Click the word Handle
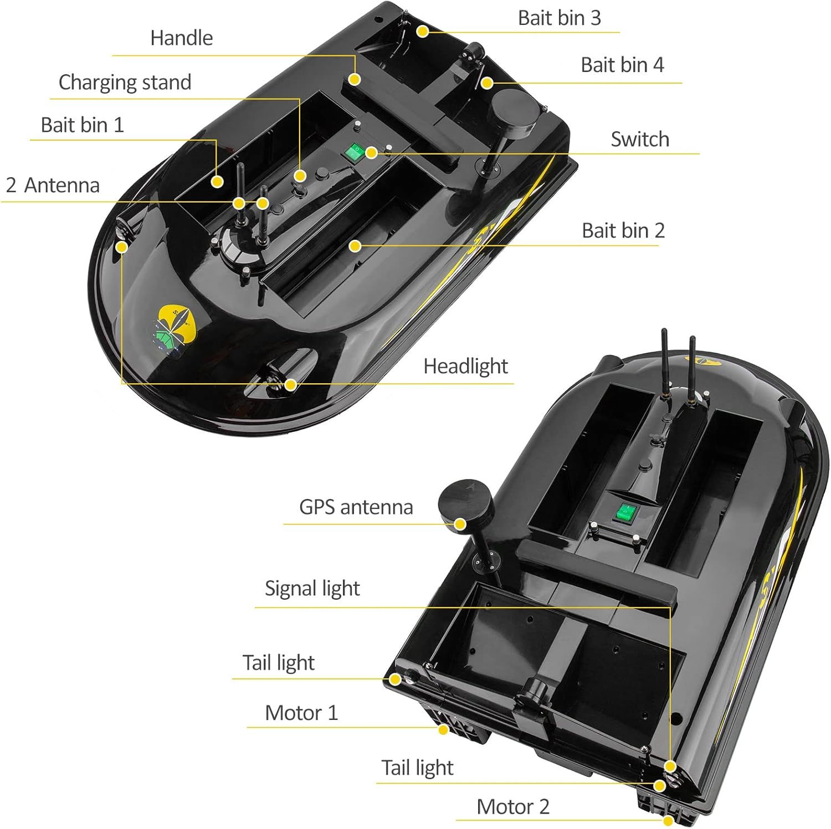(x=182, y=38)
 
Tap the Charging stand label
(x=125, y=83)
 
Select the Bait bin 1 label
(x=83, y=125)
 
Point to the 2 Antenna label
(x=53, y=185)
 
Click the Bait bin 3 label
(x=560, y=18)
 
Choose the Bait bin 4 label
(x=622, y=65)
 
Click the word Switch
(x=640, y=139)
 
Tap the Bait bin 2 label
(x=623, y=230)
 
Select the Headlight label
(x=466, y=367)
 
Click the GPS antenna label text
(x=356, y=507)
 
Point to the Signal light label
(x=312, y=589)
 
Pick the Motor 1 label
(x=301, y=713)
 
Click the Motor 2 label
(x=513, y=807)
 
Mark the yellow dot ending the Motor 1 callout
(x=443, y=730)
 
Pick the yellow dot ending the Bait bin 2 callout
(x=355, y=245)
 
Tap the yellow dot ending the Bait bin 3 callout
(x=423, y=32)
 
